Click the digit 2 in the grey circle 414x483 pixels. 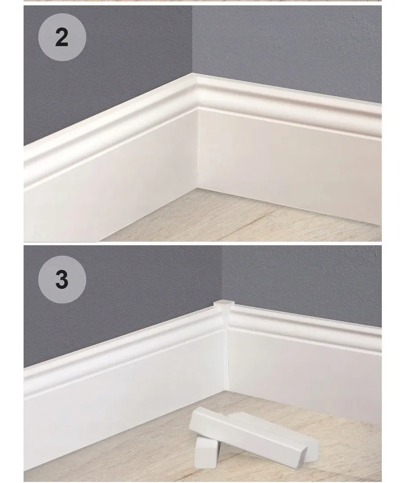click(x=62, y=37)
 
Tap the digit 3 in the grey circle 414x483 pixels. click(x=62, y=279)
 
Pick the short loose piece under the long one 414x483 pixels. click(x=207, y=452)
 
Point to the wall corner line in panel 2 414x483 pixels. click(x=192, y=40)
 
